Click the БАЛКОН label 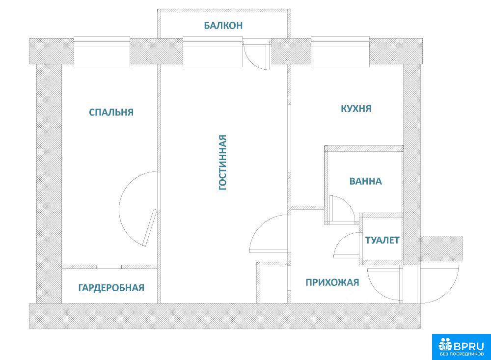(x=223, y=26)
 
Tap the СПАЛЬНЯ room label (x=111, y=112)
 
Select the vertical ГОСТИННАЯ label (x=222, y=162)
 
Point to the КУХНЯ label (x=356, y=109)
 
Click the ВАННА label (x=365, y=181)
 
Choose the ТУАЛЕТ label (x=382, y=240)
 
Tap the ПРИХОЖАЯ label (x=332, y=282)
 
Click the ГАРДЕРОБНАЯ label (x=111, y=288)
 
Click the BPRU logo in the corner (x=462, y=347)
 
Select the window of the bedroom (x=102, y=52)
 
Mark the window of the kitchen (x=340, y=52)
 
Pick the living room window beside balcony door (x=213, y=52)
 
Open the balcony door (x=257, y=55)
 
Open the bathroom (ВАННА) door (x=342, y=209)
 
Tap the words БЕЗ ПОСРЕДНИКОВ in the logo (x=462, y=354)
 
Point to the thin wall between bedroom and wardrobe (x=109, y=267)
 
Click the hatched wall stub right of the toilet (x=441, y=249)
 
